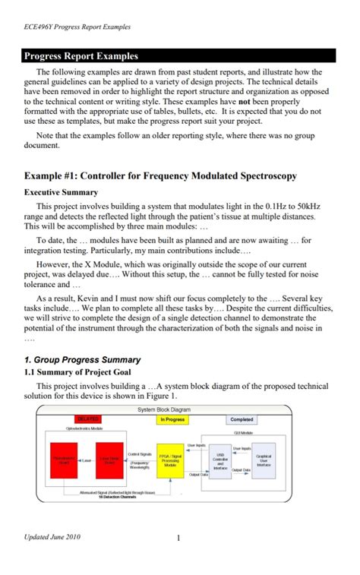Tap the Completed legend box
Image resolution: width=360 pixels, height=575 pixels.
(x=242, y=419)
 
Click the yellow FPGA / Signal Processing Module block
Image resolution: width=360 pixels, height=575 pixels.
(x=170, y=461)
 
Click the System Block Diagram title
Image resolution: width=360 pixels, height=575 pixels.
(x=163, y=409)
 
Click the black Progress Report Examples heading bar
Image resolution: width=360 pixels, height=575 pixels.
(x=179, y=55)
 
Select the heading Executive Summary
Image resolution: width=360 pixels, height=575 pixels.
(x=61, y=192)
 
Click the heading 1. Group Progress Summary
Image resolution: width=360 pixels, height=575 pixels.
(x=83, y=359)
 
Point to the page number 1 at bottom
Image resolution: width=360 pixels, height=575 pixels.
(x=177, y=539)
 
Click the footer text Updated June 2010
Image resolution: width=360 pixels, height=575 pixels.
(x=52, y=538)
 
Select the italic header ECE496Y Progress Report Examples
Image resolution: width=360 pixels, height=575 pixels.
(x=77, y=27)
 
